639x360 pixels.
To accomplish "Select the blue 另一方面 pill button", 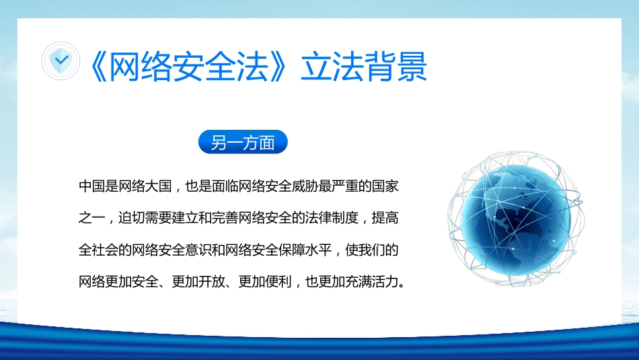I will [x=243, y=143].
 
